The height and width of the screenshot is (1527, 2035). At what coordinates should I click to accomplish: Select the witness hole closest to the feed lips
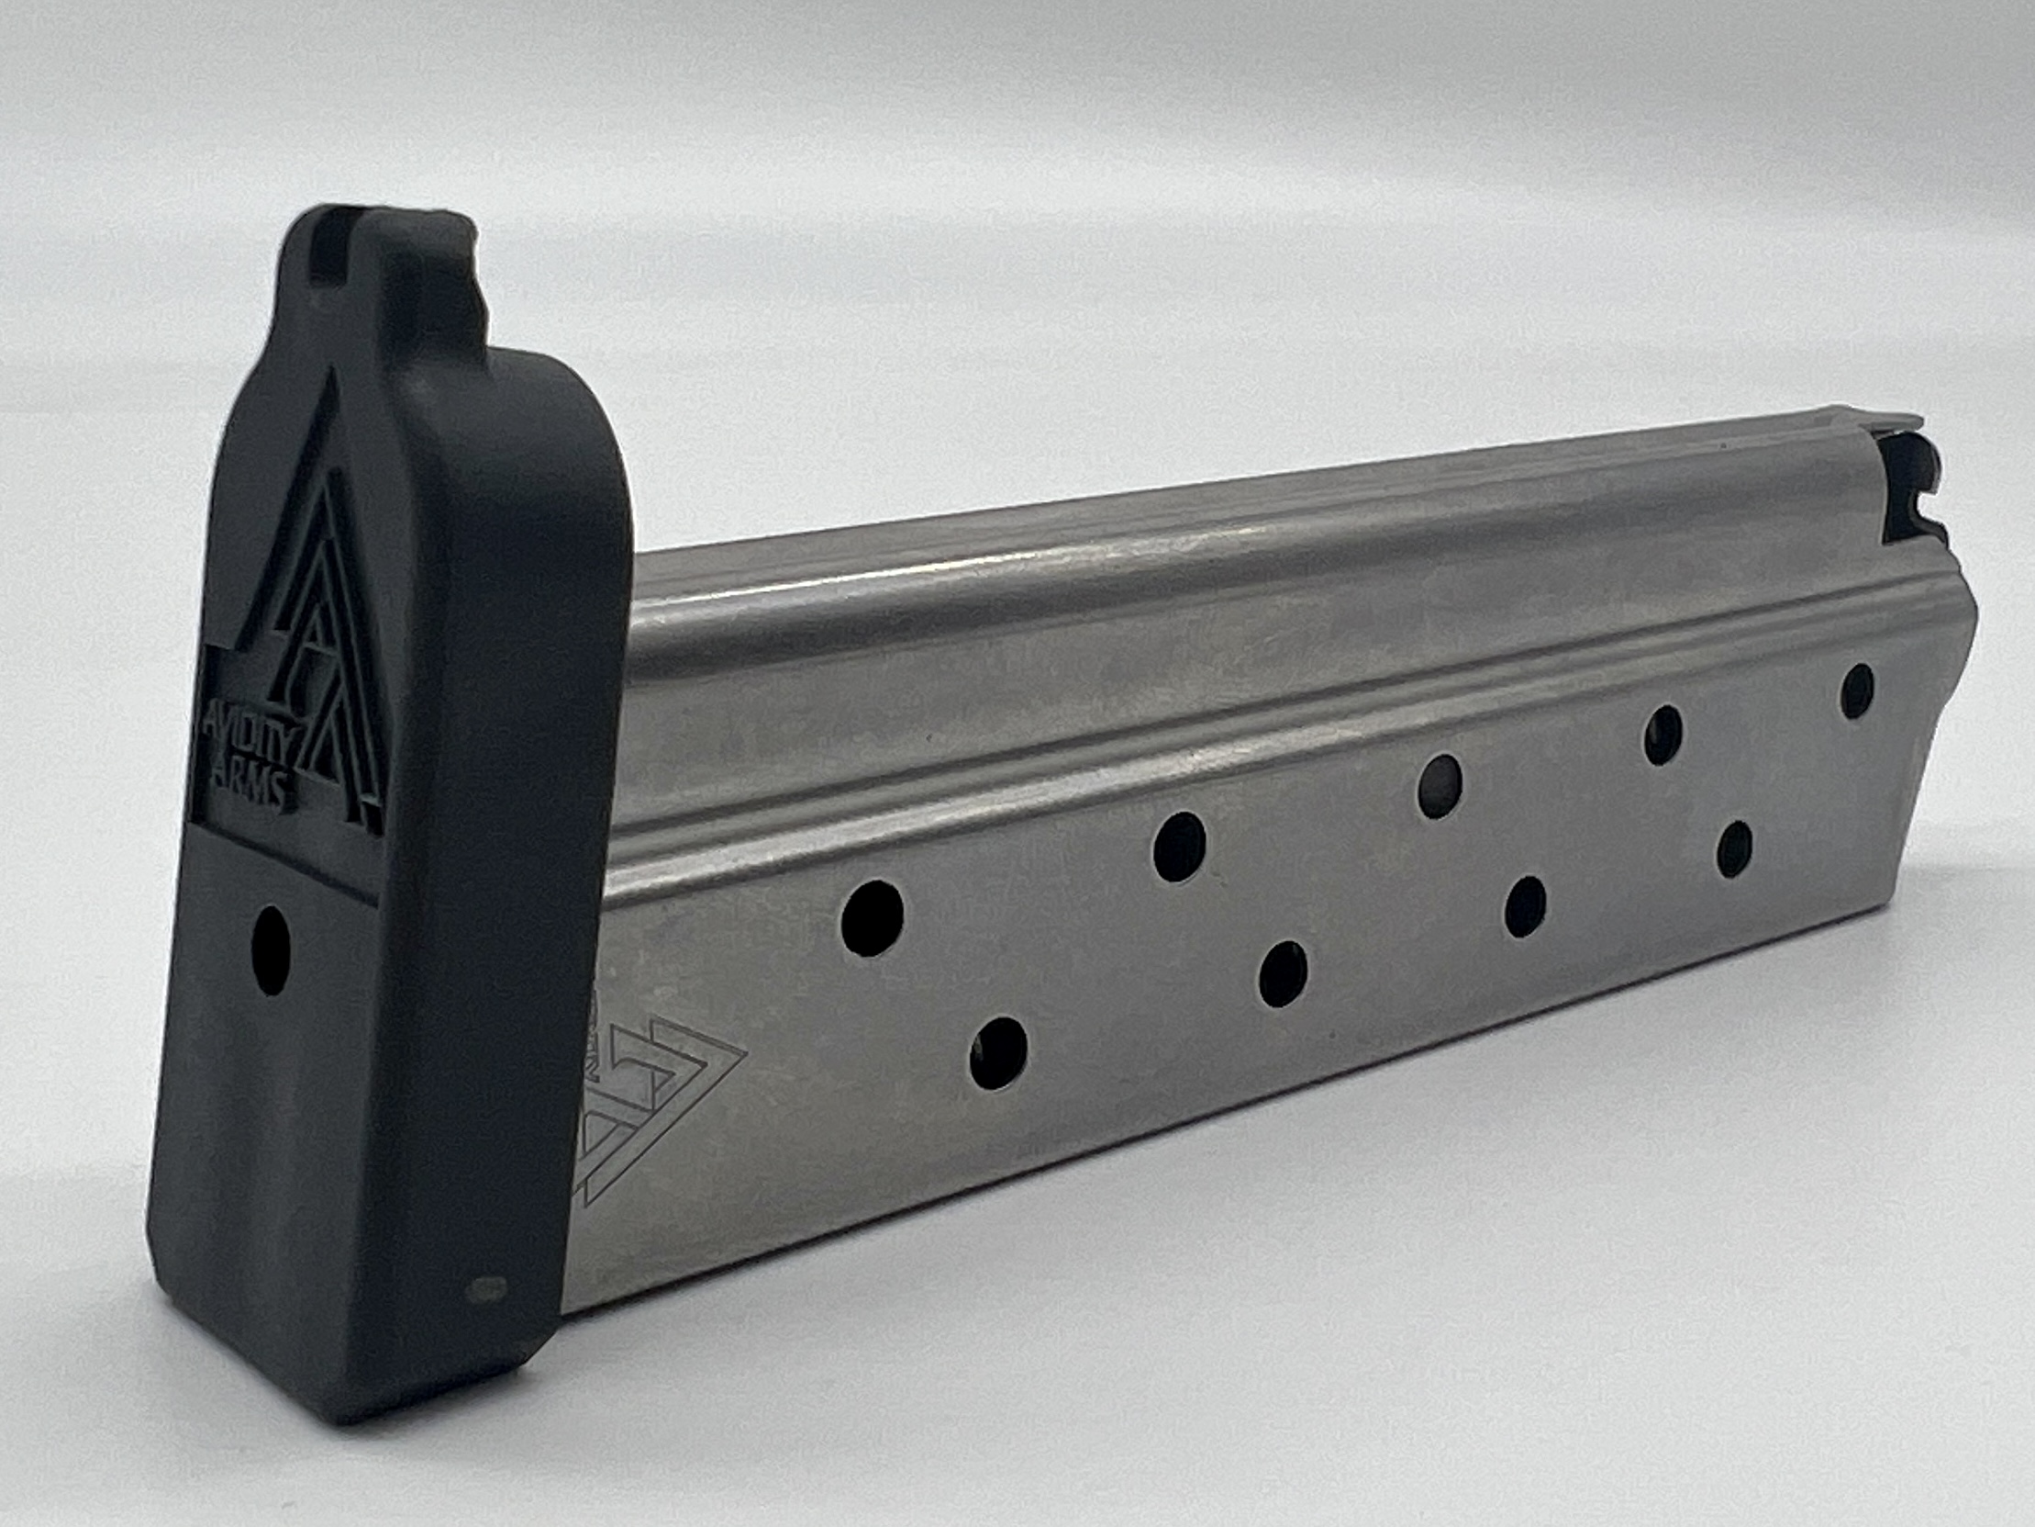[x=1857, y=691]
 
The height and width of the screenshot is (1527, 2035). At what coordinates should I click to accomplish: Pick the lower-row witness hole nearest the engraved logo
[x=998, y=1053]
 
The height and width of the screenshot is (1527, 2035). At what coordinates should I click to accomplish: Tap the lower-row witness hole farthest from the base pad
[x=1734, y=848]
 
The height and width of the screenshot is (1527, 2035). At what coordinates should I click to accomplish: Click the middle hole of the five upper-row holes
[x=1440, y=785]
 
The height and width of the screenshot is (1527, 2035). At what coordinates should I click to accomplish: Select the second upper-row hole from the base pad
[x=1179, y=847]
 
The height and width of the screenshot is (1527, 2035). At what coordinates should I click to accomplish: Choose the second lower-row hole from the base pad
[x=1284, y=975]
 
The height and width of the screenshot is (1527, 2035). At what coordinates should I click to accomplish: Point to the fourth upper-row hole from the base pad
[x=1663, y=734]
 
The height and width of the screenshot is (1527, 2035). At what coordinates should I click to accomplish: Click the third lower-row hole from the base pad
[x=1525, y=906]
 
